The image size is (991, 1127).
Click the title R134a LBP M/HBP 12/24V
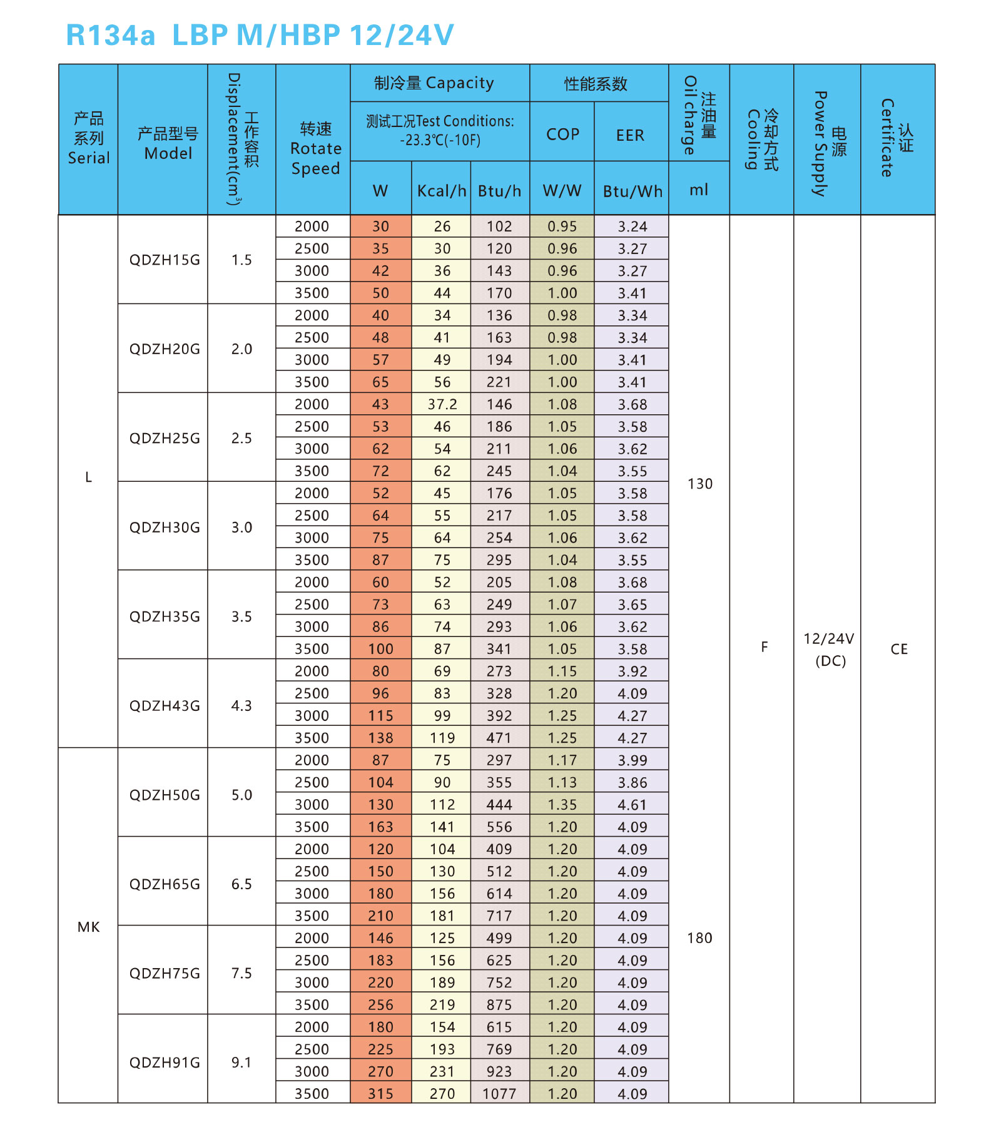point(260,35)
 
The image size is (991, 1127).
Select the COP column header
point(562,135)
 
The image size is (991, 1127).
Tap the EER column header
point(630,135)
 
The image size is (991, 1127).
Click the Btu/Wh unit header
point(632,191)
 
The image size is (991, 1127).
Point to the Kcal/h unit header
point(442,191)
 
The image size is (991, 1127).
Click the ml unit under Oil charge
point(699,190)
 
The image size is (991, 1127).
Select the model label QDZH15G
point(165,260)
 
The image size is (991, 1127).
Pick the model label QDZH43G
point(165,706)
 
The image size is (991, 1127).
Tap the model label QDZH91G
point(165,1063)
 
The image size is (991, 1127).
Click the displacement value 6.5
point(241,884)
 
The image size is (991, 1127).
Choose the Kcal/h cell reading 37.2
point(442,405)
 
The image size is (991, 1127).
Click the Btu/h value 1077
point(499,1094)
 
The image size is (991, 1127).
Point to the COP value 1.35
point(562,805)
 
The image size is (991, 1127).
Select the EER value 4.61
point(632,805)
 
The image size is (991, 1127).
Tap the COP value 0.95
point(562,227)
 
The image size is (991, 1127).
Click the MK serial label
point(88,927)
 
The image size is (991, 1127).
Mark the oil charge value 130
point(699,484)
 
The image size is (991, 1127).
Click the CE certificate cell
point(898,649)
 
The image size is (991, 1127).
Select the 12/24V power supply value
point(829,639)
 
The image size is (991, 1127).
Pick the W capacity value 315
point(380,1094)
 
